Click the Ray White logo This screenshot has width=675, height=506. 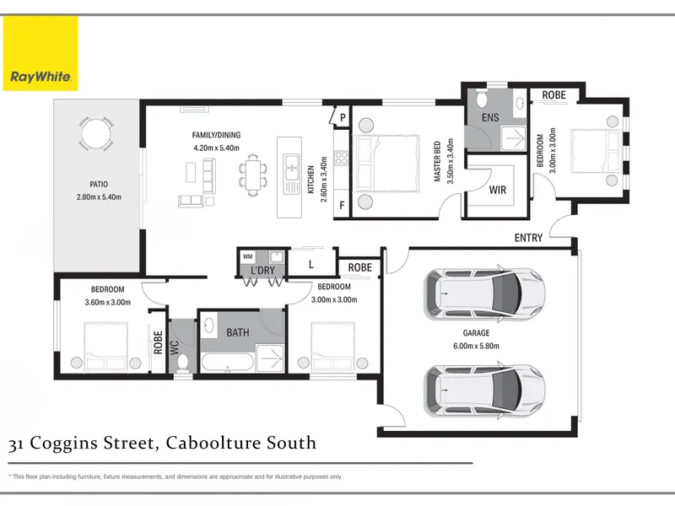(x=40, y=53)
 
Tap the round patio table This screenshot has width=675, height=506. (x=96, y=133)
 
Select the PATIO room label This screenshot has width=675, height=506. (x=99, y=184)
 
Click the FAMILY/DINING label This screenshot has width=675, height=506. (x=216, y=135)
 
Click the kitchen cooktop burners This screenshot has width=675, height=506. (x=342, y=158)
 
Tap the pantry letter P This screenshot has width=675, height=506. (x=343, y=117)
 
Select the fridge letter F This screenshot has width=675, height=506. (x=343, y=205)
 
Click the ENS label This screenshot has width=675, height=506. (x=490, y=117)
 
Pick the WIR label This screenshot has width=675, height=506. (x=498, y=190)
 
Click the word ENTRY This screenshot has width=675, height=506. (x=528, y=238)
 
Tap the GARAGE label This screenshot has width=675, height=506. (x=476, y=333)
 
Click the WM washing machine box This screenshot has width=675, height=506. (x=247, y=257)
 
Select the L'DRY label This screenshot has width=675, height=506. (x=262, y=270)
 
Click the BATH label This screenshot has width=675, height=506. (x=238, y=332)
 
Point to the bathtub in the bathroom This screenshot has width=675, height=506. (x=227, y=363)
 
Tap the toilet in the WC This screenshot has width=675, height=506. (x=183, y=363)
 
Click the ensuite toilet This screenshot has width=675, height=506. (x=481, y=100)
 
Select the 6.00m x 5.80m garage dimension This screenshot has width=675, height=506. (x=476, y=346)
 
